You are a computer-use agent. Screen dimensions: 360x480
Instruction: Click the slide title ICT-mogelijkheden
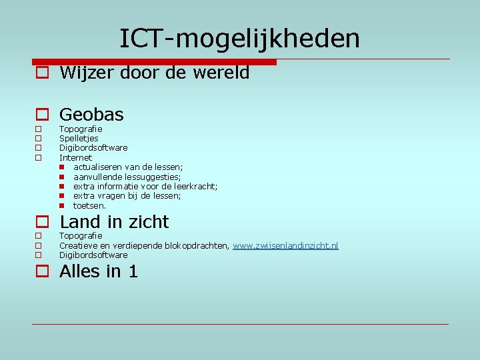click(239, 39)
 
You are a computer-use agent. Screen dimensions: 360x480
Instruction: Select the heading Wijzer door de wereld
click(154, 73)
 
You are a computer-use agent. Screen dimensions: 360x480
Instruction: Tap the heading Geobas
click(91, 115)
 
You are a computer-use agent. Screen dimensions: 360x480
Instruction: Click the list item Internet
click(75, 157)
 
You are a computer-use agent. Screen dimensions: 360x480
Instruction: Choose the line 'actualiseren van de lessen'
click(128, 167)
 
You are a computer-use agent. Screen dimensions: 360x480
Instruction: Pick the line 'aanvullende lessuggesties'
click(127, 177)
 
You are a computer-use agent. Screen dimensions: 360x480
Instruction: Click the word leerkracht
click(195, 187)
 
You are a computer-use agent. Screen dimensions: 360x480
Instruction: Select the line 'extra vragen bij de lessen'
click(127, 196)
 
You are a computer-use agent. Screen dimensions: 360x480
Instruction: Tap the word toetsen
click(89, 206)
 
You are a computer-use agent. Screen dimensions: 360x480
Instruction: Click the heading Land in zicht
click(114, 222)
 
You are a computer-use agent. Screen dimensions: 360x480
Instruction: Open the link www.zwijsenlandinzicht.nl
click(285, 246)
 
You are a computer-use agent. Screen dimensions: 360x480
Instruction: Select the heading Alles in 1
click(99, 271)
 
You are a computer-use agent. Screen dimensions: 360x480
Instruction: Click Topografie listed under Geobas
click(81, 129)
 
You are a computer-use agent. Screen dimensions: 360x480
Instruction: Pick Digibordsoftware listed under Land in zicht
click(93, 255)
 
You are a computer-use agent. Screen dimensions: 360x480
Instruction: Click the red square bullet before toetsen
click(61, 206)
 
